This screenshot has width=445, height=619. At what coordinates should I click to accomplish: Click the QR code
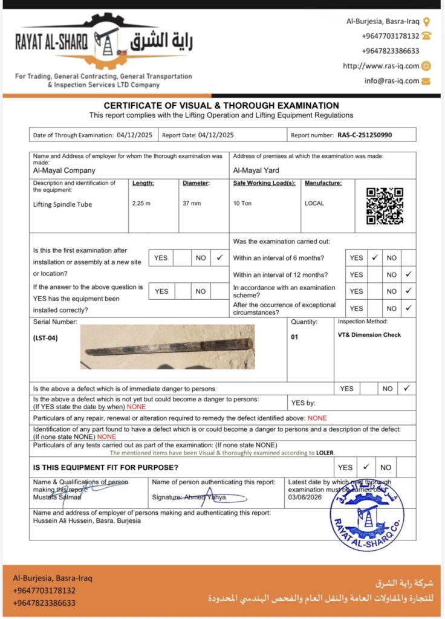pyautogui.click(x=385, y=206)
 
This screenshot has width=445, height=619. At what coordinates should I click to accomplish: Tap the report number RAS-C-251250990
pyautogui.click(x=365, y=135)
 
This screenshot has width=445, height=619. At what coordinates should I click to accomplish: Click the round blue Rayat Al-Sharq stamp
pyautogui.click(x=366, y=516)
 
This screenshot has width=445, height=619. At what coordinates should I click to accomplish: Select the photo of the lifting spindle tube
pyautogui.click(x=167, y=347)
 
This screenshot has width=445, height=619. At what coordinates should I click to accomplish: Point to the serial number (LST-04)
pyautogui.click(x=46, y=338)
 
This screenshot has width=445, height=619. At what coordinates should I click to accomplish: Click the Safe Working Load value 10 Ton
pyautogui.click(x=242, y=203)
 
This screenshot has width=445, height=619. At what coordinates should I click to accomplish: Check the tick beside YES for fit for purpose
pyautogui.click(x=366, y=467)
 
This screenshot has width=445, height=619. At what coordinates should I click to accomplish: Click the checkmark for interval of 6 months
pyautogui.click(x=375, y=258)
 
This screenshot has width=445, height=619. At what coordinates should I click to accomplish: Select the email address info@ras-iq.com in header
pyautogui.click(x=391, y=81)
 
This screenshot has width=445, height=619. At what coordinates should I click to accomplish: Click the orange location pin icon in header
pyautogui.click(x=426, y=22)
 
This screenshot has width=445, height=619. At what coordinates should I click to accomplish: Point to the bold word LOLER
pyautogui.click(x=325, y=452)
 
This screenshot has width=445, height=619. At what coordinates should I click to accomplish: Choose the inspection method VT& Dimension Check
pyautogui.click(x=369, y=334)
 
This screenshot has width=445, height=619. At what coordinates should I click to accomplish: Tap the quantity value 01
pyautogui.click(x=294, y=337)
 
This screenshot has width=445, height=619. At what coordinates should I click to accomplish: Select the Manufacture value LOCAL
pyautogui.click(x=314, y=203)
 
